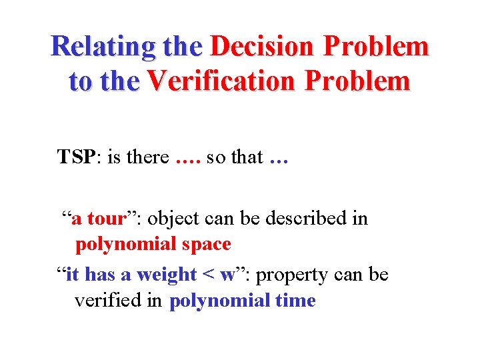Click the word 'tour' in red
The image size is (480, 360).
106,219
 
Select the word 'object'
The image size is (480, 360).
175,219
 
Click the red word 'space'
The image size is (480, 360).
204,245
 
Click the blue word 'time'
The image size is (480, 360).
295,301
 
